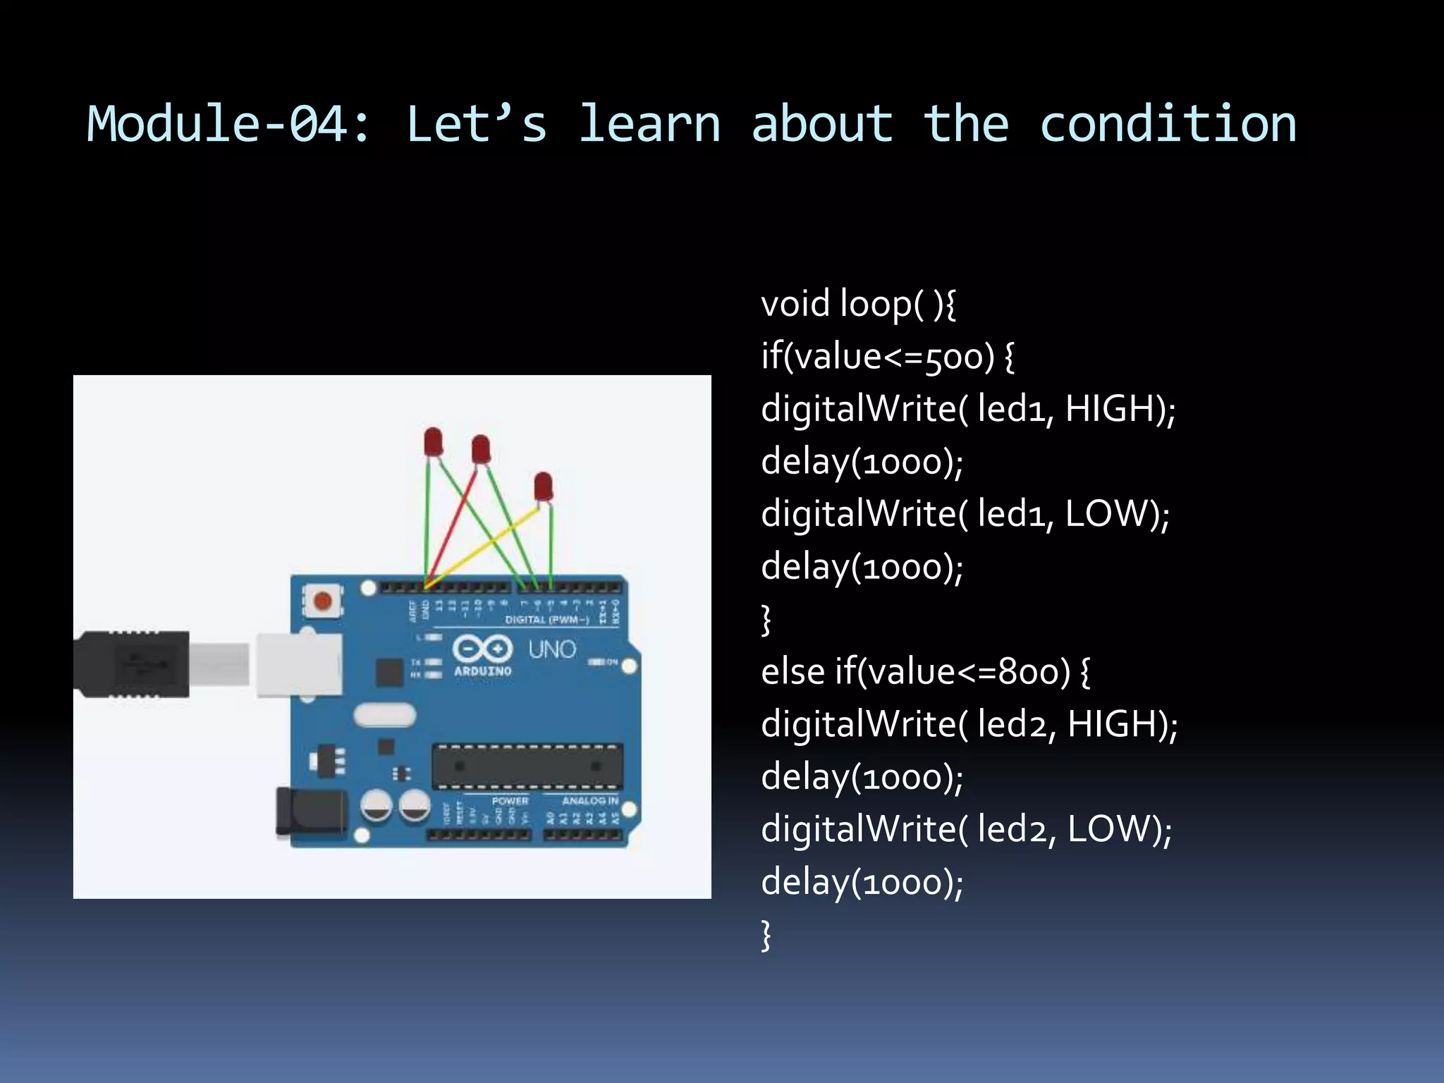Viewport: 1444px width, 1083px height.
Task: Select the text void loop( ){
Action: tap(858, 305)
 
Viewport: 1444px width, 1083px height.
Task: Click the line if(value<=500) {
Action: tap(887, 357)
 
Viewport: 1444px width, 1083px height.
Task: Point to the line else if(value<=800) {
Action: tap(925, 672)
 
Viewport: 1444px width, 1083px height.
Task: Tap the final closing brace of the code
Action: tap(766, 935)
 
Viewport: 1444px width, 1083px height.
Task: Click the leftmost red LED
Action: tap(433, 442)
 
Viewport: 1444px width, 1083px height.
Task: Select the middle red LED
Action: tap(481, 449)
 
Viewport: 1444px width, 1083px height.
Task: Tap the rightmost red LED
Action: tap(543, 487)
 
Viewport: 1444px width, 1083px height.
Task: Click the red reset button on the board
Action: tap(322, 601)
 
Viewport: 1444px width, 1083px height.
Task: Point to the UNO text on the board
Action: tap(552, 649)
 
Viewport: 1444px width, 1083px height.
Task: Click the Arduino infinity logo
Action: tap(482, 649)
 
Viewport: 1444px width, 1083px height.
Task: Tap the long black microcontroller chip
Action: tap(527, 766)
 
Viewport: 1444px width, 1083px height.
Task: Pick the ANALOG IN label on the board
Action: tap(589, 801)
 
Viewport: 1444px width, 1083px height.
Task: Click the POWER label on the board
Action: tap(510, 801)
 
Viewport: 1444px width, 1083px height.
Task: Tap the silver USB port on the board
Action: tap(298, 664)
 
